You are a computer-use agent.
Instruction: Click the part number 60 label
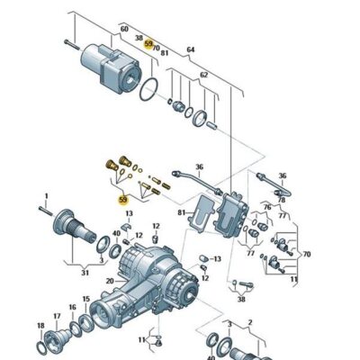tap(123, 30)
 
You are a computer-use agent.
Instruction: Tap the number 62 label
tap(203, 75)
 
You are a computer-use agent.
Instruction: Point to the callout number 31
tap(85, 273)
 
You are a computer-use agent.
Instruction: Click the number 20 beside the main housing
tap(109, 280)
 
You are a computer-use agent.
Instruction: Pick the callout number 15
tap(86, 299)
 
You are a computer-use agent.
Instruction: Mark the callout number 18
tap(40, 325)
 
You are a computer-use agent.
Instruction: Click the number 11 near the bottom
tap(142, 340)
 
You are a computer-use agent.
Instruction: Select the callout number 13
tap(129, 213)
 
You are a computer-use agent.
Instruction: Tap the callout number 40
tap(116, 232)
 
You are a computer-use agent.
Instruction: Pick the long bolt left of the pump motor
tap(72, 42)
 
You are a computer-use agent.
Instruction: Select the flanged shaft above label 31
tap(75, 225)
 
